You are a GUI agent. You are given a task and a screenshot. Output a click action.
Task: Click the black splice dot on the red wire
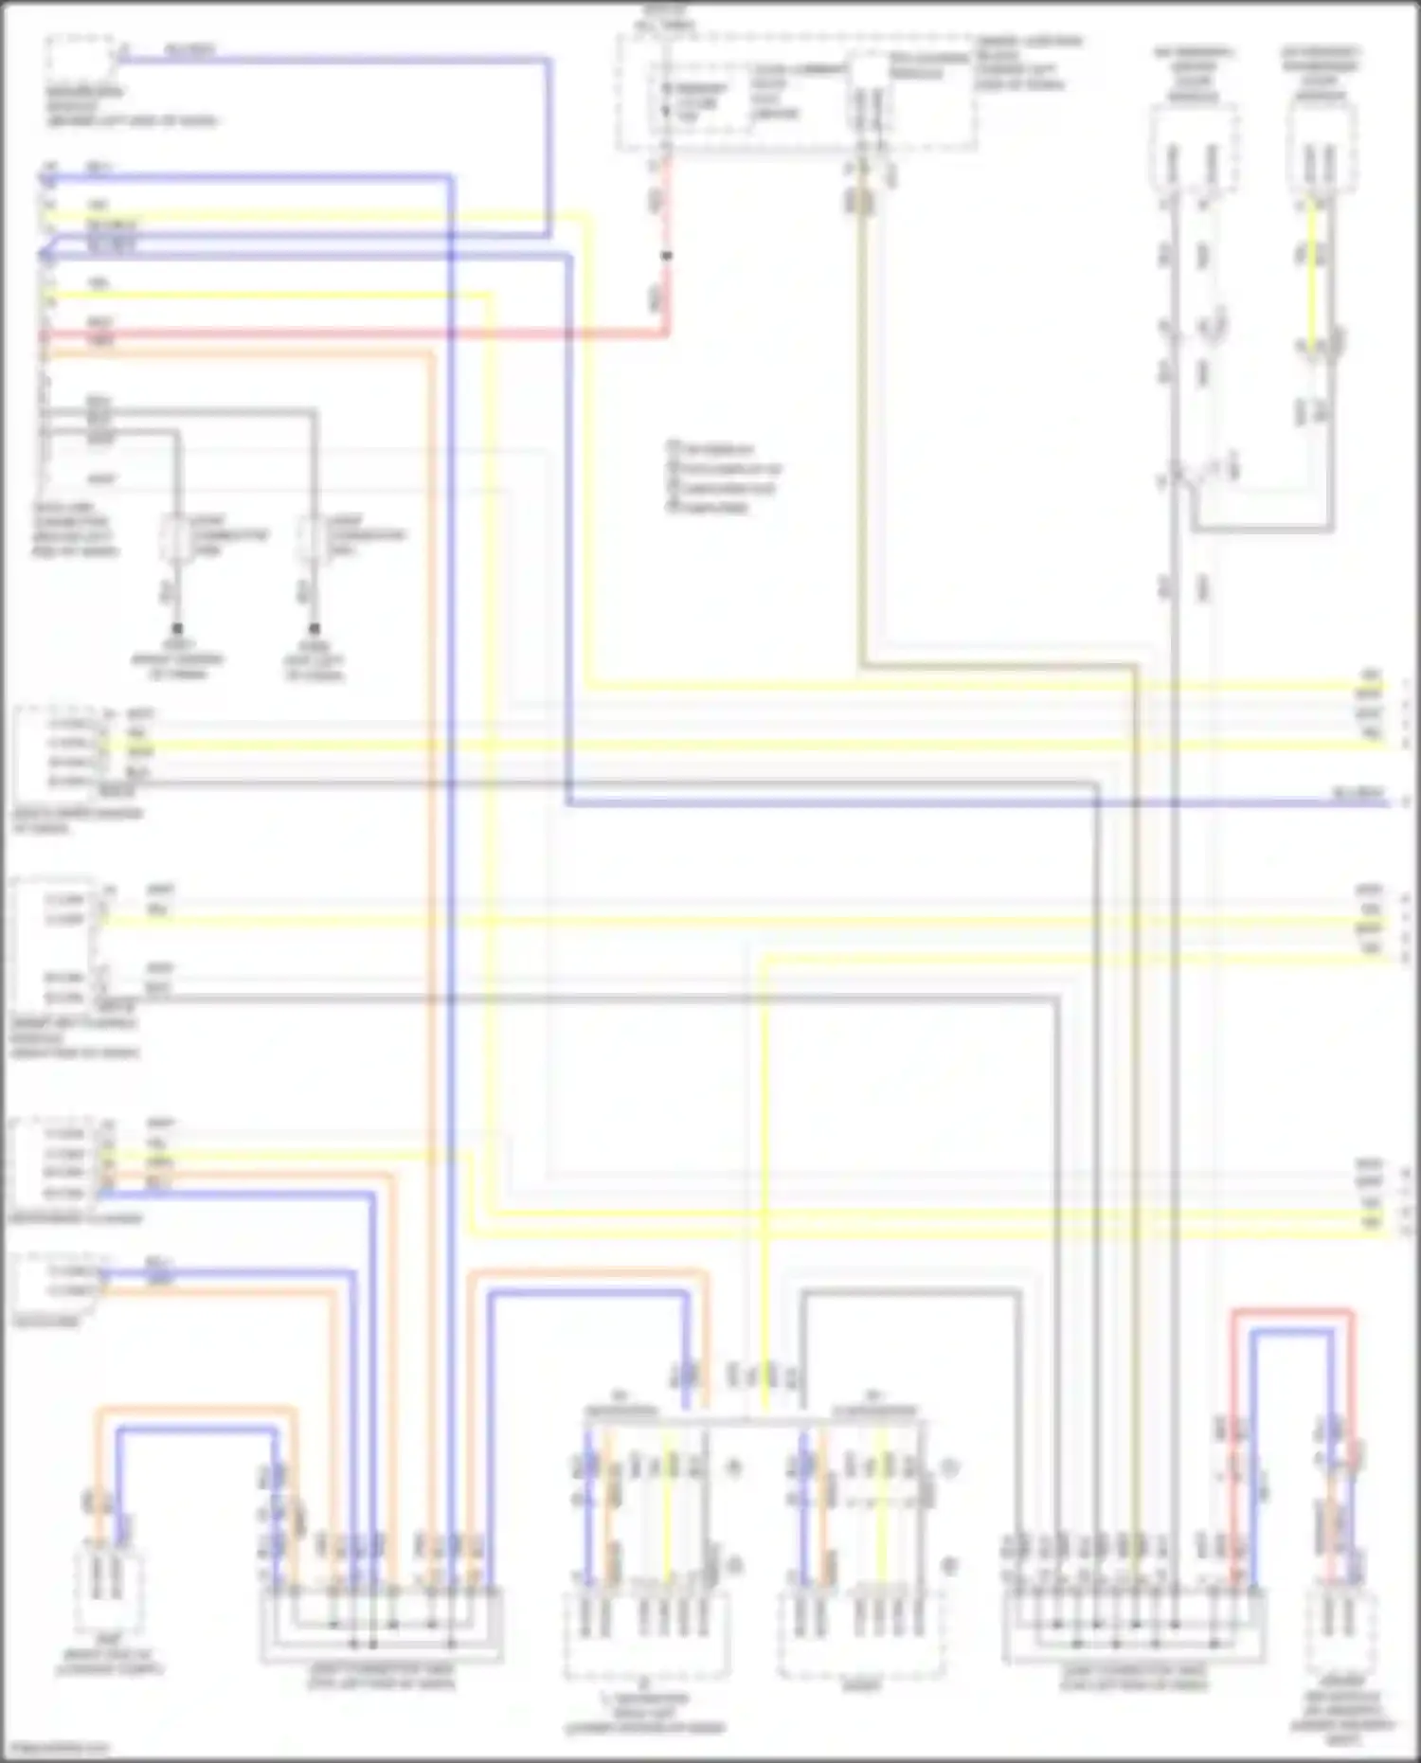point(667,256)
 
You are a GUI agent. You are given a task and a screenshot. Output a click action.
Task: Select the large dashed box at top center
point(796,93)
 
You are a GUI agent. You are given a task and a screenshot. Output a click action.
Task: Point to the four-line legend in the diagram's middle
point(725,477)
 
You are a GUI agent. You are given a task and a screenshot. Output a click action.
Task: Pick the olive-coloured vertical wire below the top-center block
point(863,426)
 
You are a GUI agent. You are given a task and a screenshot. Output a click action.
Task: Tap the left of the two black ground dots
point(177,629)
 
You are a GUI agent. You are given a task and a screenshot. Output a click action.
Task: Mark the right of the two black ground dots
point(315,629)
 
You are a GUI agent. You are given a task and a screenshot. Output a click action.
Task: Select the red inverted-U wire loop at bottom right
point(1293,1314)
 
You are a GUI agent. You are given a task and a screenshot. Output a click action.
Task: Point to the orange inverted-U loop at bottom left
point(194,1412)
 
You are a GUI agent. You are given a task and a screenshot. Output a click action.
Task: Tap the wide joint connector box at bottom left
point(381,1624)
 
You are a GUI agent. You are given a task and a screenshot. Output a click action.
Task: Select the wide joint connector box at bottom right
point(1134,1624)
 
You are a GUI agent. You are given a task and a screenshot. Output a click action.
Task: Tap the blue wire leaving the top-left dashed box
point(332,60)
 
